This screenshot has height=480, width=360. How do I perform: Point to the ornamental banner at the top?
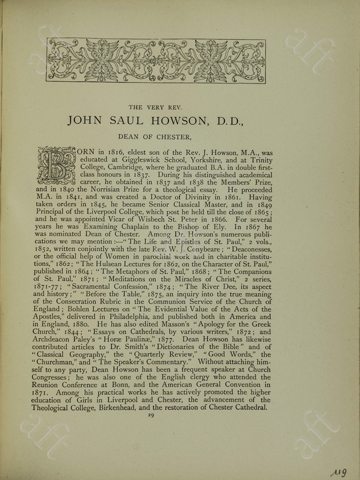(156, 61)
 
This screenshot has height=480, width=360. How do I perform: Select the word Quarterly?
(155, 355)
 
